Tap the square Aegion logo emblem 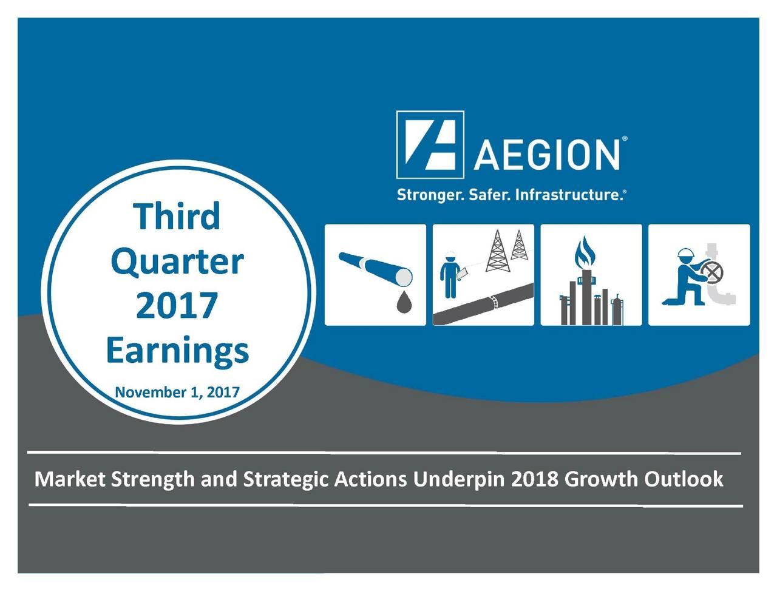click(430, 145)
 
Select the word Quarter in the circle click(177, 262)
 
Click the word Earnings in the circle click(177, 351)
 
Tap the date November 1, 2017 click(177, 392)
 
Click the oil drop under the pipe click(404, 302)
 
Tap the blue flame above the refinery click(585, 252)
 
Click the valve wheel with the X click(711, 273)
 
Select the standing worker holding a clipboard click(450, 275)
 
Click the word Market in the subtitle click(70, 479)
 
